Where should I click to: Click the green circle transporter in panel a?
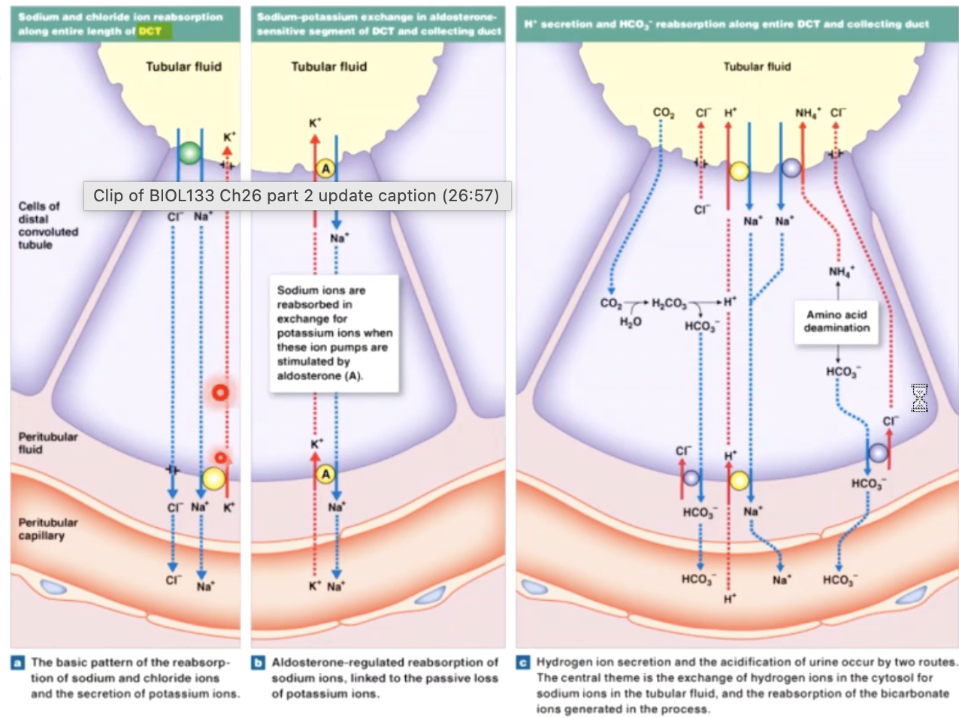click(191, 153)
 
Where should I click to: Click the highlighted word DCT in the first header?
click(150, 31)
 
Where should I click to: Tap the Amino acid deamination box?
click(836, 321)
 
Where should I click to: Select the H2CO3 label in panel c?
click(668, 303)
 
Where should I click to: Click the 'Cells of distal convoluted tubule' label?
click(48, 225)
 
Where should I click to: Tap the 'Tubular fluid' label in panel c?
click(757, 67)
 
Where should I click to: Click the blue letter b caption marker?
click(258, 662)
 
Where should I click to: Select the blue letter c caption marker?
click(523, 662)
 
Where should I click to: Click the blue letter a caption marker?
click(17, 662)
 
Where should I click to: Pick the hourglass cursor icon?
click(919, 398)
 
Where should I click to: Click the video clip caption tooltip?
click(297, 196)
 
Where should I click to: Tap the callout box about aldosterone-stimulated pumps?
click(334, 333)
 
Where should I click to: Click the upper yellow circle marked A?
click(325, 169)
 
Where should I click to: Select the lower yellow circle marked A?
click(325, 474)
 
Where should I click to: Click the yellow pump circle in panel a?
click(213, 478)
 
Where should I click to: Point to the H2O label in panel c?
click(631, 322)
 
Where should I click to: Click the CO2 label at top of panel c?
click(663, 113)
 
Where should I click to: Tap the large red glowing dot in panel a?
click(220, 391)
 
